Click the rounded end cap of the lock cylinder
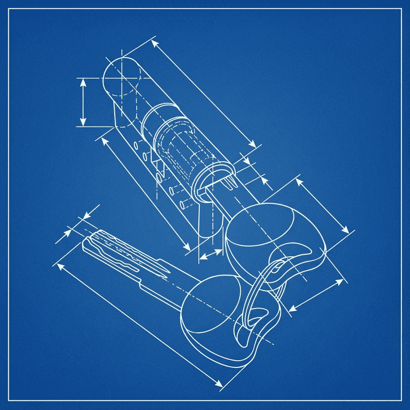click(x=121, y=77)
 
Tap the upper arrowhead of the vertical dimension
click(x=83, y=81)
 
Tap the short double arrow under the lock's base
click(x=211, y=253)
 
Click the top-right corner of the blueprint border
click(x=401, y=9)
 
